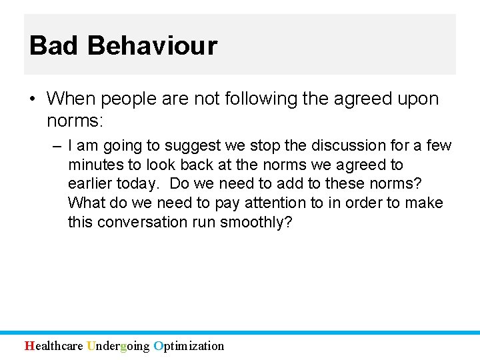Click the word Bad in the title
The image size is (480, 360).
point(55,46)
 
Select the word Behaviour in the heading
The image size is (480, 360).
point(152,46)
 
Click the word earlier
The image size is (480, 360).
point(90,184)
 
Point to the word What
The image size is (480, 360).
point(87,203)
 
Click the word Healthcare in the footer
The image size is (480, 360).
point(54,345)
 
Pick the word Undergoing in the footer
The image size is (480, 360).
point(119,345)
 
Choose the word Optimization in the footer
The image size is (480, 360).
point(189,345)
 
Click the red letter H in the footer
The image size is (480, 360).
point(29,345)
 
